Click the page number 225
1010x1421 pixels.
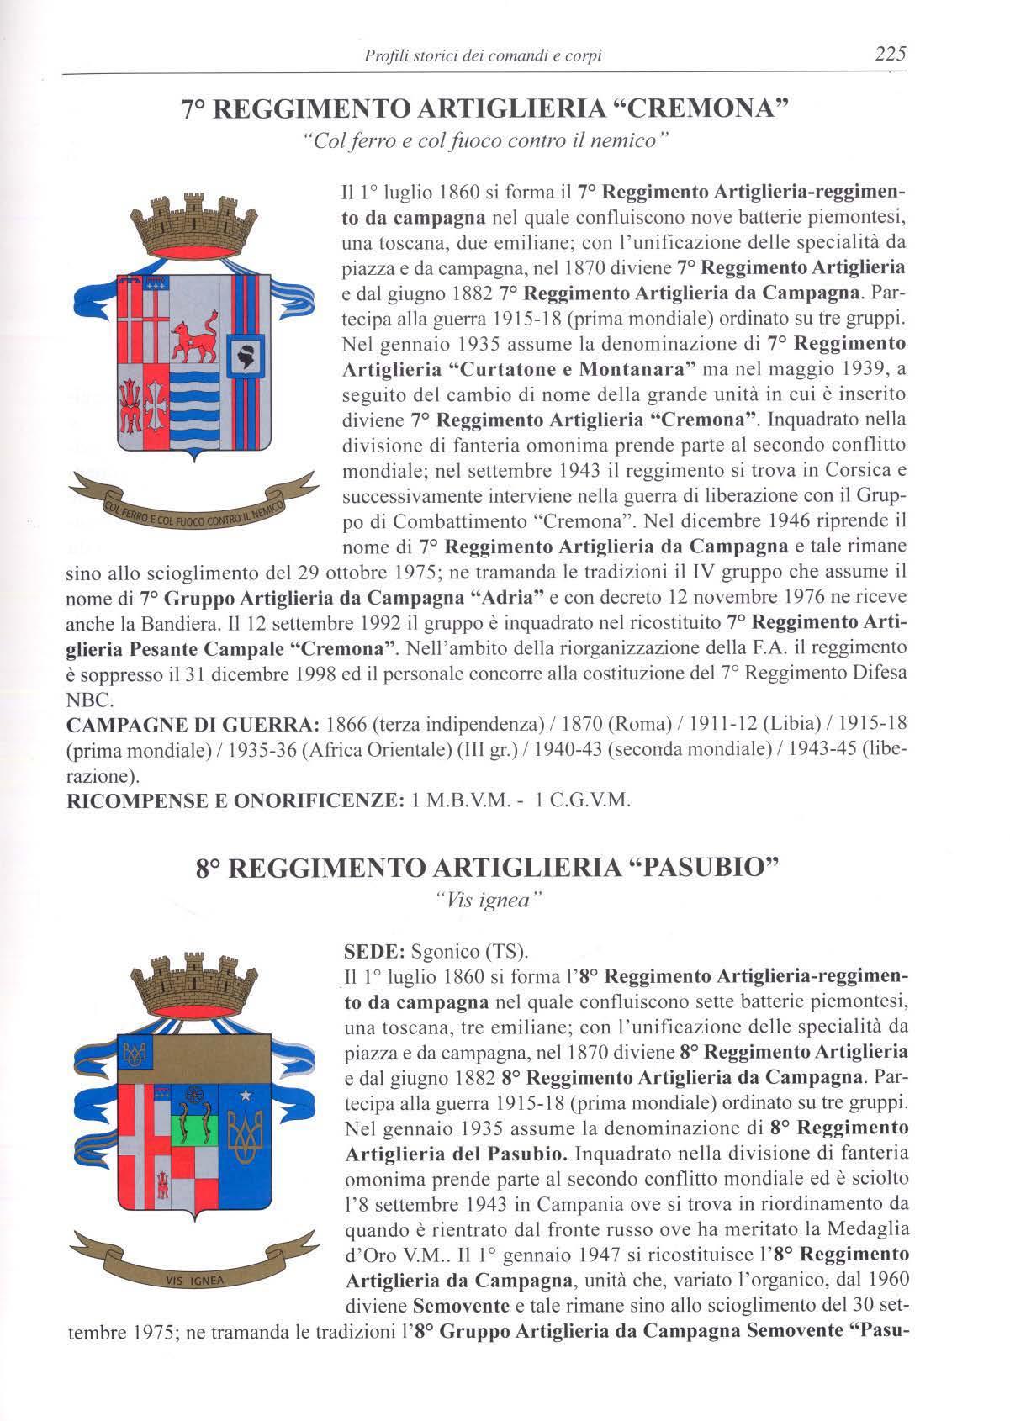(889, 55)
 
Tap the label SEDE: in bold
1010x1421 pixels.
(376, 953)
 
